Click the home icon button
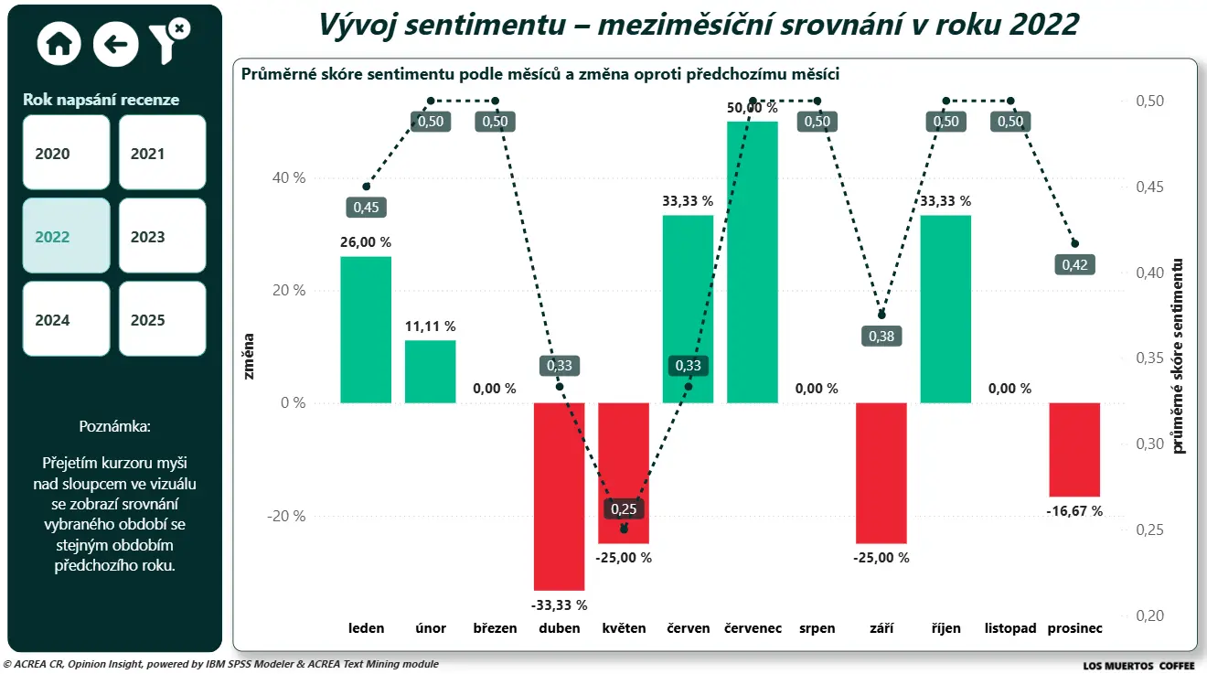[59, 43]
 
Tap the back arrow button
[115, 43]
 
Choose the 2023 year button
[162, 236]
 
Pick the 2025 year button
[162, 319]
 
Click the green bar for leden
[366, 329]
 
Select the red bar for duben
[560, 496]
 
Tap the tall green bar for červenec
[753, 262]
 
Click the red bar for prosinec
[1074, 449]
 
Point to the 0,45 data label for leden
[366, 208]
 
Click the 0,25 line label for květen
[624, 509]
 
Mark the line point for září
[881, 316]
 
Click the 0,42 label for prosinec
[1074, 265]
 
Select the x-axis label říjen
[945, 628]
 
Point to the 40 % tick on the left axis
[286, 177]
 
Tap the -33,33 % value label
[559, 604]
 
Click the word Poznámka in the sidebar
[114, 426]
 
